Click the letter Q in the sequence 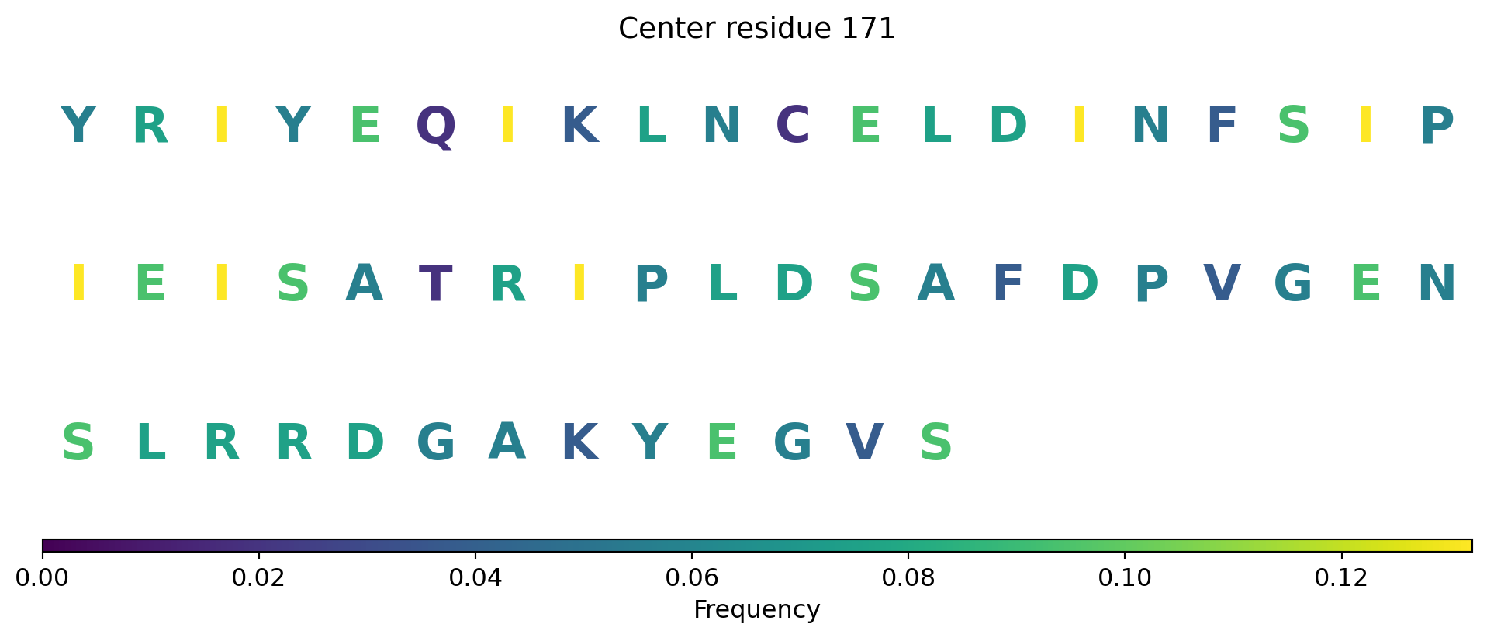[x=436, y=127]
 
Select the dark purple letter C [x=793, y=125]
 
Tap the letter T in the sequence [x=435, y=283]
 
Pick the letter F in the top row [x=1222, y=125]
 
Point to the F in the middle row [x=1008, y=283]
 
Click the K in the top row [x=579, y=125]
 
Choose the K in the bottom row [x=579, y=443]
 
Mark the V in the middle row [x=1222, y=283]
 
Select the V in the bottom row [x=864, y=443]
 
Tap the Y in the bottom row [x=650, y=443]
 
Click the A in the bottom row [x=507, y=442]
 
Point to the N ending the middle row [x=1437, y=283]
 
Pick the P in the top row [x=1437, y=125]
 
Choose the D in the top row [x=1008, y=125]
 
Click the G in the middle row [x=1293, y=283]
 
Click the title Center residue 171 [x=756, y=29]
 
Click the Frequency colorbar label [x=756, y=610]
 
